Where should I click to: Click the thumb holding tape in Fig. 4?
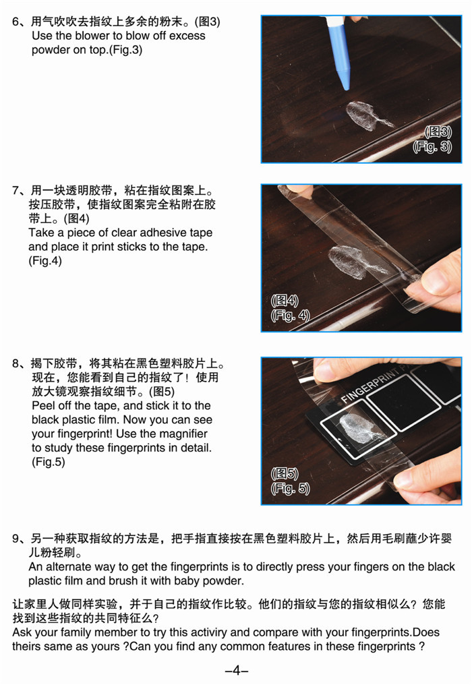[439, 276]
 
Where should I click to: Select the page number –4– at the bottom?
[237, 670]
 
